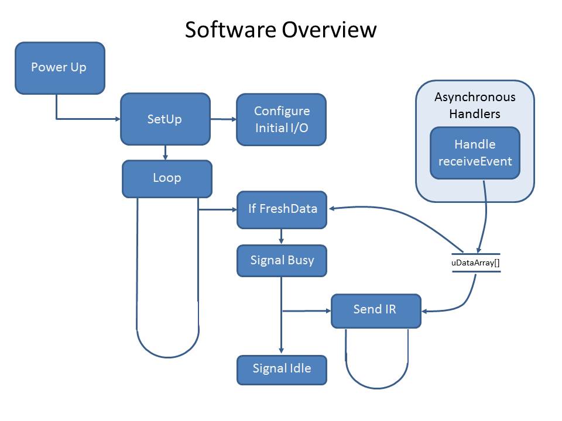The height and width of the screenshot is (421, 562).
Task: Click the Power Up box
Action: pos(60,68)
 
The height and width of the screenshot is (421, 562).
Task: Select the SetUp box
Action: pos(165,119)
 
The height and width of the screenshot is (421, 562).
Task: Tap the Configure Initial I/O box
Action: pos(281,119)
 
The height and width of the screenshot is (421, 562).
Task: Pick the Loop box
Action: pos(167,178)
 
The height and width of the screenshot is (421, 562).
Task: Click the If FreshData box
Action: pos(282,209)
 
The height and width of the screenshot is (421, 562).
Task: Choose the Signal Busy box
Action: pos(282,260)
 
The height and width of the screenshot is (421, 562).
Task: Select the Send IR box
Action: pos(376,310)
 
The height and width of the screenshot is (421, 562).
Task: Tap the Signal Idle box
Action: pos(282,369)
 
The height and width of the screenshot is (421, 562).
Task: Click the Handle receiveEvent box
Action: pos(475,153)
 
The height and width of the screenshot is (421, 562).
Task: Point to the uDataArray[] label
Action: pos(475,263)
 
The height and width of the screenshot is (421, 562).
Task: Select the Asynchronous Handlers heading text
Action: pos(475,105)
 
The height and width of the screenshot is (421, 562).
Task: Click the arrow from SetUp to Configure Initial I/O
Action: pos(223,119)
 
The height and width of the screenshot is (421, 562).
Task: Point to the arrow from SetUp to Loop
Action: pos(166,153)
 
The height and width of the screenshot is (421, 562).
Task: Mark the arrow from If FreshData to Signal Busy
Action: pos(282,237)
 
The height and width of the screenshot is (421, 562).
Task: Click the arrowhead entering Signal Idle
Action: pos(282,351)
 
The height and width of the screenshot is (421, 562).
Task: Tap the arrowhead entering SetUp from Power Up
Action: pos(116,119)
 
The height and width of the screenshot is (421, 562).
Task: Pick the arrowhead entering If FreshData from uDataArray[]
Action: pos(332,208)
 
